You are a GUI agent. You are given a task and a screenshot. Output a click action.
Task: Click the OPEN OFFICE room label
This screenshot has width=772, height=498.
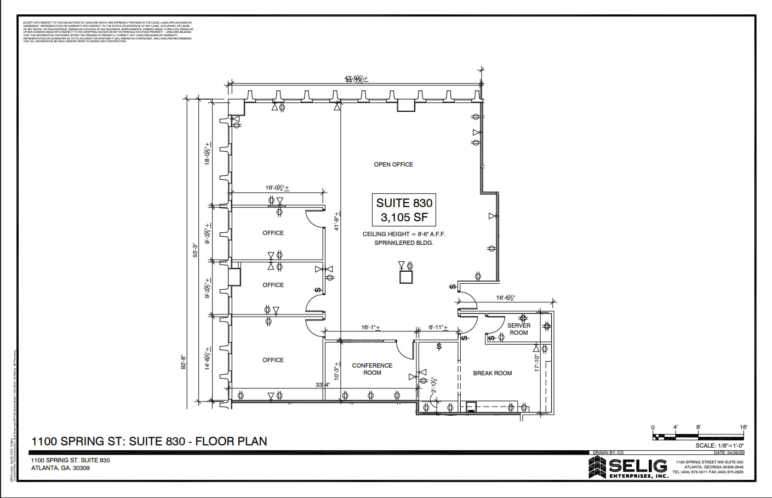393,164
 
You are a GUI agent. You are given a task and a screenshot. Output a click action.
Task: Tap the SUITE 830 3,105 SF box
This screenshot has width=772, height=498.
404,210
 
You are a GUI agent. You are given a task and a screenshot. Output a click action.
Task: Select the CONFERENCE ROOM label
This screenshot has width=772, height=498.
372,369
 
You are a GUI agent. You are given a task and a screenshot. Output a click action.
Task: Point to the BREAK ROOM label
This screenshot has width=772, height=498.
492,373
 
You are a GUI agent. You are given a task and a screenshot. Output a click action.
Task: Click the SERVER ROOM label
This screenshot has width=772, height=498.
518,329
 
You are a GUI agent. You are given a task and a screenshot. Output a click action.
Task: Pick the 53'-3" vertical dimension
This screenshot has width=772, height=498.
195,250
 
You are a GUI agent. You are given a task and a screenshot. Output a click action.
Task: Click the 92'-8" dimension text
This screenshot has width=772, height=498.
184,363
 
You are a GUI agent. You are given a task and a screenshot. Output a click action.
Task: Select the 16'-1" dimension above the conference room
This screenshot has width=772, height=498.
370,327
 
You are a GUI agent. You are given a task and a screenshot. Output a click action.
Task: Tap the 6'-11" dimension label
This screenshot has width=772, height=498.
438,327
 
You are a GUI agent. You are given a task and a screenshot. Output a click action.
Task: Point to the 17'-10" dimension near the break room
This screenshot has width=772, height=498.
537,363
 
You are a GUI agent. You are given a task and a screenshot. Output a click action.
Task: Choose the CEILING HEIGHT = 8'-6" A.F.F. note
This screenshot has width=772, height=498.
404,234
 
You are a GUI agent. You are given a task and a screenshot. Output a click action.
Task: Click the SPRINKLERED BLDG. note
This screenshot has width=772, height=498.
404,243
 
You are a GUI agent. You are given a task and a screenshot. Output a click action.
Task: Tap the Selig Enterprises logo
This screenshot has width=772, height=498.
628,468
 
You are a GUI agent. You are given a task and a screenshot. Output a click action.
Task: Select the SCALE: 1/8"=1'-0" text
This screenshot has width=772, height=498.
719,445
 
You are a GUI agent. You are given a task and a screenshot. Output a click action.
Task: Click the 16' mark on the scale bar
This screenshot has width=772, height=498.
743,427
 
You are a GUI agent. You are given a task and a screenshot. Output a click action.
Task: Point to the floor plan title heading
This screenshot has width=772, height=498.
149,441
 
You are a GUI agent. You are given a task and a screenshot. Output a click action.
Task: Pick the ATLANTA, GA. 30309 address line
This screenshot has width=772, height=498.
60,468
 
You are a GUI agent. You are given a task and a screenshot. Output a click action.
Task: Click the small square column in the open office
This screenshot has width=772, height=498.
406,277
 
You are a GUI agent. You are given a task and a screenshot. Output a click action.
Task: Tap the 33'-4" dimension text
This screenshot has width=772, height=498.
323,385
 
